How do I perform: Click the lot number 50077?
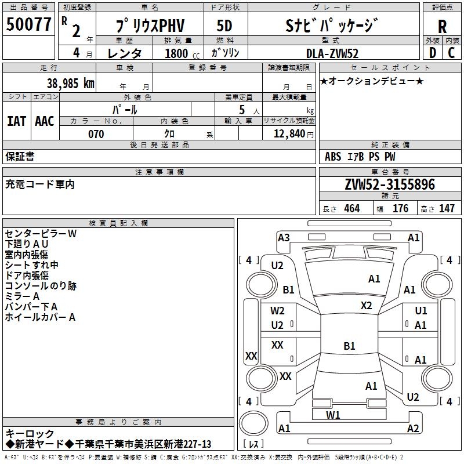[28, 26]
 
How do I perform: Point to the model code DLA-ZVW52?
[332, 53]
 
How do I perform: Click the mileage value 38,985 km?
[71, 84]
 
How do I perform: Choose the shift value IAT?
[16, 121]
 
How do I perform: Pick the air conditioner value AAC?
[45, 121]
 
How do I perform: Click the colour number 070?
[96, 134]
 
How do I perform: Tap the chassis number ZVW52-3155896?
[389, 184]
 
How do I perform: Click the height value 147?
[447, 208]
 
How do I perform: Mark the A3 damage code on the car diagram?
[284, 237]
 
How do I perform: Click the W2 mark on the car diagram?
[277, 311]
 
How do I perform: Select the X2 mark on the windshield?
[366, 306]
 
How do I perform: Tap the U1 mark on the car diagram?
[420, 311]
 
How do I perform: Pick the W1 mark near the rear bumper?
[333, 415]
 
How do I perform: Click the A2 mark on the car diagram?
[413, 429]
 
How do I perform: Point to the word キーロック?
[30, 434]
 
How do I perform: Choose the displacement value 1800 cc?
[180, 53]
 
